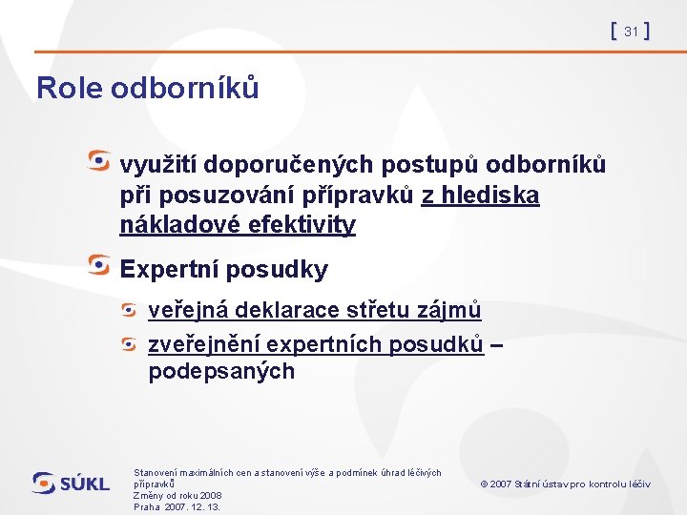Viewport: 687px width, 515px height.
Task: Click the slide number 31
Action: (631, 32)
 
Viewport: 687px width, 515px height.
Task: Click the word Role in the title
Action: (70, 88)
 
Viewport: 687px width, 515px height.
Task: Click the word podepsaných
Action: (221, 372)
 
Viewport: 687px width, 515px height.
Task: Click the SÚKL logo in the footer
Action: (72, 484)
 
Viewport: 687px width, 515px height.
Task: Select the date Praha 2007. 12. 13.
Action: (177, 507)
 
